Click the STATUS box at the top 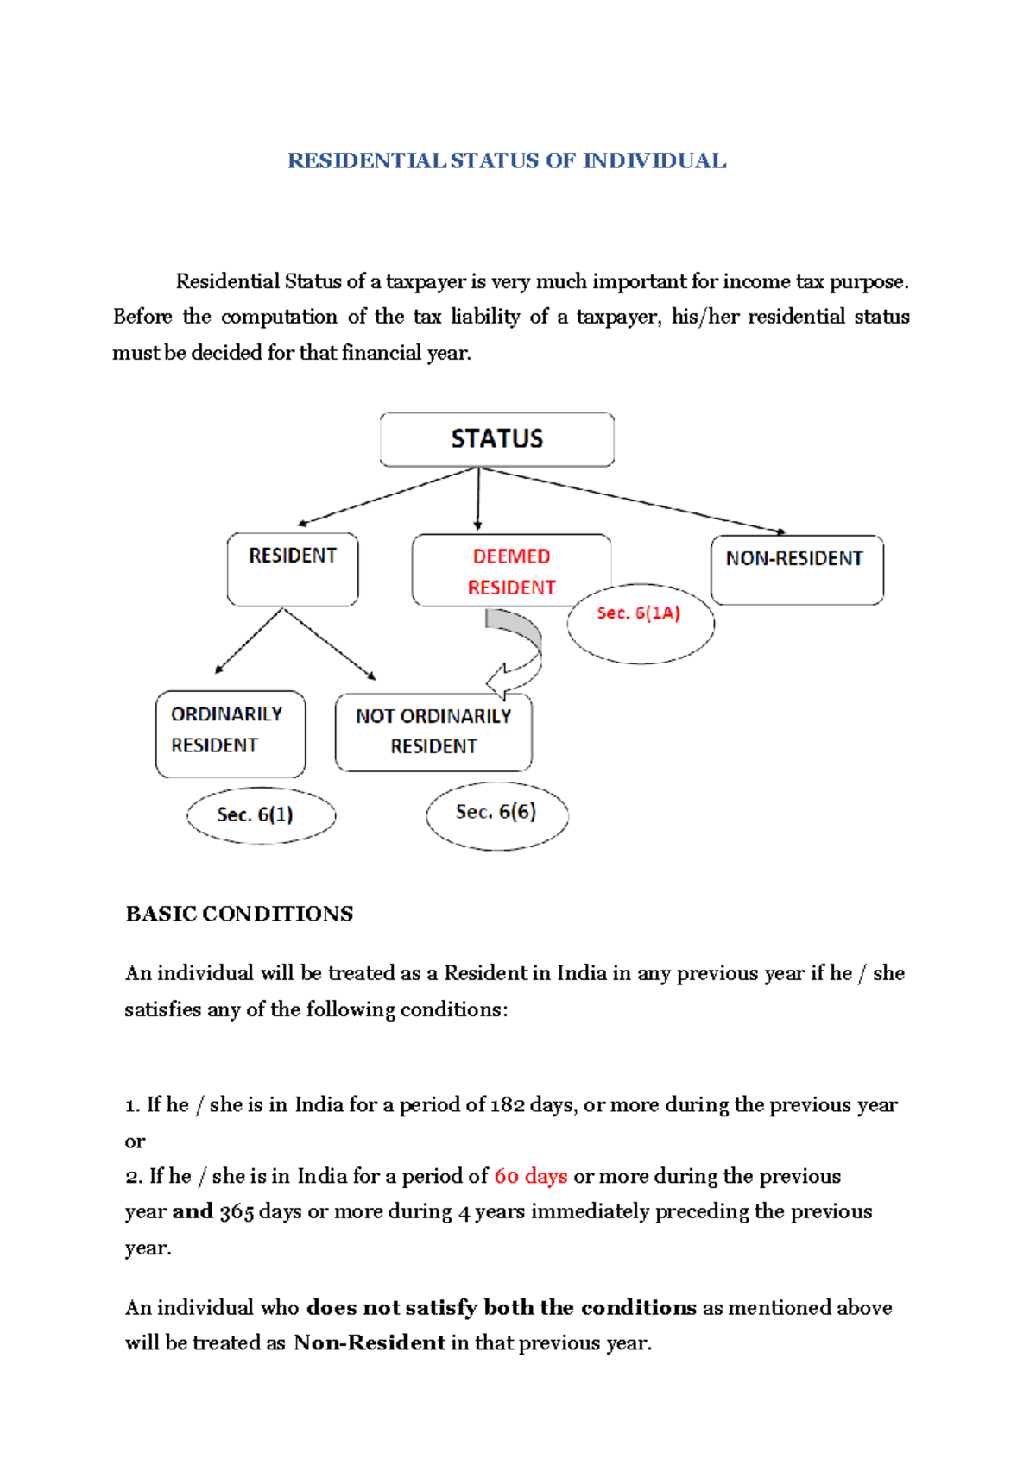(x=496, y=439)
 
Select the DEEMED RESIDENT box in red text (x=511, y=570)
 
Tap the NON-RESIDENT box (x=796, y=569)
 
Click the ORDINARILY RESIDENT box (x=230, y=732)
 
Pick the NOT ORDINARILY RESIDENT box (x=433, y=732)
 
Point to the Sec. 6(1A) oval (x=640, y=622)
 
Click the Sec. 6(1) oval (x=260, y=814)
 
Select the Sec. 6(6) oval (x=496, y=814)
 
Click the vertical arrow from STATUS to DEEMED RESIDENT (x=477, y=499)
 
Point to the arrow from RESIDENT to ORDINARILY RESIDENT (x=249, y=641)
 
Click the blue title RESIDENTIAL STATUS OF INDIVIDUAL (x=507, y=161)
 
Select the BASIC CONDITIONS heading (x=239, y=914)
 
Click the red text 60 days (x=530, y=1176)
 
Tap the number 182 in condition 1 (x=507, y=1105)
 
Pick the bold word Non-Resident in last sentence (x=369, y=1342)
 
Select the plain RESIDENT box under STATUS (x=293, y=569)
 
